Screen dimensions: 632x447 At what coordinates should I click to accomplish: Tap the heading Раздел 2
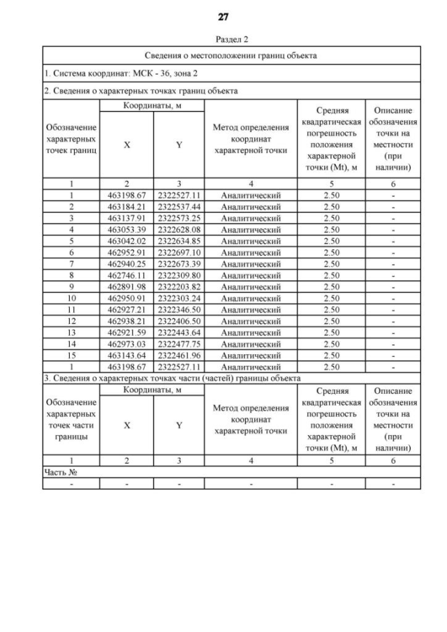(x=223, y=40)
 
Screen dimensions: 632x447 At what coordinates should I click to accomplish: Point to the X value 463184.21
(x=127, y=207)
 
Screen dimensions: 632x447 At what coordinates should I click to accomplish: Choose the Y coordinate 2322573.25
(x=179, y=218)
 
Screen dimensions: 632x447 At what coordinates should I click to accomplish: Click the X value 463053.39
(x=127, y=229)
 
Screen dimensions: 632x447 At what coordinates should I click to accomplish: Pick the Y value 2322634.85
(x=179, y=241)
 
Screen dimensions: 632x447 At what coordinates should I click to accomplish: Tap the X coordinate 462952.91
(x=127, y=252)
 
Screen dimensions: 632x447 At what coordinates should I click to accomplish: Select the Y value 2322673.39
(x=179, y=263)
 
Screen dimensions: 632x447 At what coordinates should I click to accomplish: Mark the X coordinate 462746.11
(x=127, y=275)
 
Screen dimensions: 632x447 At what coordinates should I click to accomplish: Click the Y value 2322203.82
(x=179, y=286)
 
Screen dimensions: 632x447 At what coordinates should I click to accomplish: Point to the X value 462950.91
(x=127, y=297)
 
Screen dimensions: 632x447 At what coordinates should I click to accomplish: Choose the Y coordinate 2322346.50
(x=179, y=309)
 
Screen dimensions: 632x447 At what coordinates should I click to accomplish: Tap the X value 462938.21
(x=127, y=321)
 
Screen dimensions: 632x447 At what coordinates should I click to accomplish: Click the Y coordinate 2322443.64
(x=179, y=332)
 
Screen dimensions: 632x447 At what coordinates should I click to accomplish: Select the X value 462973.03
(x=127, y=343)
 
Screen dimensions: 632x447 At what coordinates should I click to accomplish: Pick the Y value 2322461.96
(x=179, y=354)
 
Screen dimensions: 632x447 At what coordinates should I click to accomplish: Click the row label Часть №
(x=60, y=472)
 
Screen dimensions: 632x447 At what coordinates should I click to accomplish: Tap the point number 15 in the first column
(x=71, y=354)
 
